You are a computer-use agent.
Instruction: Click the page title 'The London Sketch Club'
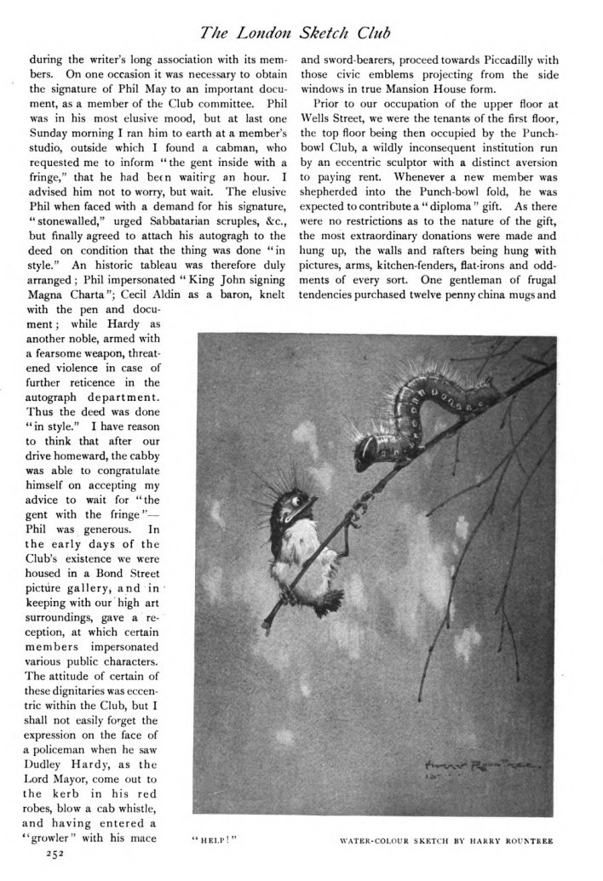pyautogui.click(x=301, y=34)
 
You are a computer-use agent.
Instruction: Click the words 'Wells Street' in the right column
pyautogui.click(x=335, y=110)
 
